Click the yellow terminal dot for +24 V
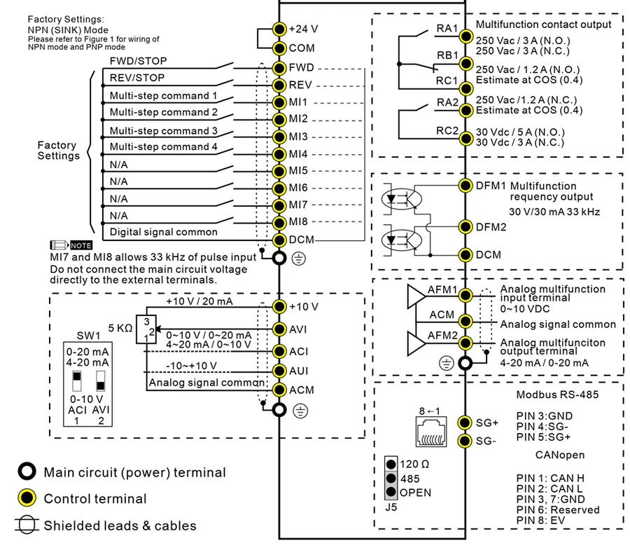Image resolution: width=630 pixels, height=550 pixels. [279, 29]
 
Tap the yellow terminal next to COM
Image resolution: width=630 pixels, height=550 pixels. [279, 48]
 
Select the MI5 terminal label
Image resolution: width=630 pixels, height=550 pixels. [299, 170]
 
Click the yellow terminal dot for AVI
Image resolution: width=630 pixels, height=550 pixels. [279, 329]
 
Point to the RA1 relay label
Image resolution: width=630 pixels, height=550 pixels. [447, 28]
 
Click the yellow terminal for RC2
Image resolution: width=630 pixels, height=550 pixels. [465, 137]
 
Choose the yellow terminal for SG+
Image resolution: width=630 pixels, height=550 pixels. [465, 422]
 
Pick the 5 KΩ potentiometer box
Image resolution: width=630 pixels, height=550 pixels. [146, 329]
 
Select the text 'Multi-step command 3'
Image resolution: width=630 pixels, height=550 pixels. [163, 130]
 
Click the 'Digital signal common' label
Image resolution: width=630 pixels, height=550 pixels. [163, 232]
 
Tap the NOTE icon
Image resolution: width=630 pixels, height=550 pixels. [71, 245]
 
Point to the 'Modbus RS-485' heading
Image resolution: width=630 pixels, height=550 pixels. [557, 394]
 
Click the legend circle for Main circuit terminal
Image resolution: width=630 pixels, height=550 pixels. [27, 472]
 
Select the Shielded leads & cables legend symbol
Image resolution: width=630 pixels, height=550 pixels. [27, 525]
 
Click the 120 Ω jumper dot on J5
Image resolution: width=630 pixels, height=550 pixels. [391, 464]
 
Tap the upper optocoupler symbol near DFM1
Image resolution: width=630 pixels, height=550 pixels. [400, 198]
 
